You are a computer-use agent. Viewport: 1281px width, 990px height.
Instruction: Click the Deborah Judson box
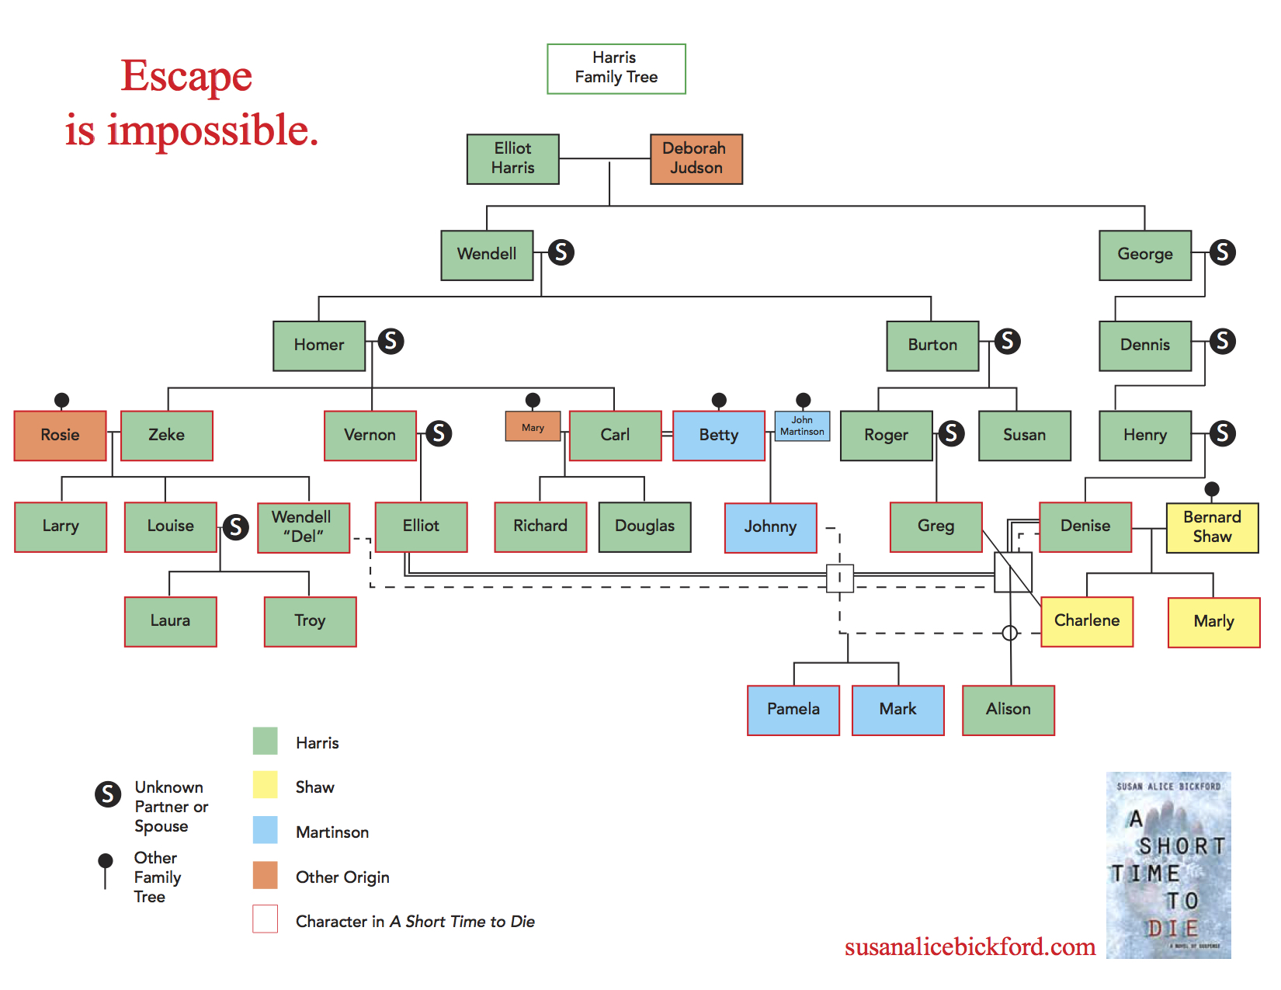(696, 159)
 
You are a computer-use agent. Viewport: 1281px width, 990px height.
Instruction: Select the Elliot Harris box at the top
(512, 159)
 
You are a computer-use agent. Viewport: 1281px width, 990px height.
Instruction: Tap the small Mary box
(533, 427)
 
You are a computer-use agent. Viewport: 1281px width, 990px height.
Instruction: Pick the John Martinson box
(802, 426)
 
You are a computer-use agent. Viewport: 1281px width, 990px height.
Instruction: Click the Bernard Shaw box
(1212, 527)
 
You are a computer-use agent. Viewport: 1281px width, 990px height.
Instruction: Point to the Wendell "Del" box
(303, 527)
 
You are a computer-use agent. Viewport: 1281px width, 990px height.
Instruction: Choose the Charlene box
(1086, 621)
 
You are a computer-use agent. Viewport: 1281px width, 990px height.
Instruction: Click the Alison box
(1008, 710)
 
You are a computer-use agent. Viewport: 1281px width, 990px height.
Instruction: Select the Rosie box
(61, 436)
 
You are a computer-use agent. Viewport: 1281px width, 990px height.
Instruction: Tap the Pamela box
(793, 710)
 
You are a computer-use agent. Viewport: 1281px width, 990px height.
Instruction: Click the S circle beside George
(1222, 252)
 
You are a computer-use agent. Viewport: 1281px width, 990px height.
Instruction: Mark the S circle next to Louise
(236, 527)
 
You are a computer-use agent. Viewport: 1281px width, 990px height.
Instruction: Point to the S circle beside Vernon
(439, 433)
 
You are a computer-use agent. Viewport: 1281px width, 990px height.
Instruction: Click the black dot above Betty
(719, 400)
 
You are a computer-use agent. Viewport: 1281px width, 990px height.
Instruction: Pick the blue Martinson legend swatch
(265, 830)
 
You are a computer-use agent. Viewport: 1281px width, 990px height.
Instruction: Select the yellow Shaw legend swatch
(265, 785)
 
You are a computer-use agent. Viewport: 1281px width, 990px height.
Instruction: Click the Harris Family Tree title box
(616, 68)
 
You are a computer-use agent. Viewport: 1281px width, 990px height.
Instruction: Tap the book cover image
(1168, 865)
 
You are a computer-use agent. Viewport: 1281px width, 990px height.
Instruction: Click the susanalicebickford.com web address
(970, 947)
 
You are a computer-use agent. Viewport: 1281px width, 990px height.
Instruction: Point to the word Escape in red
(186, 77)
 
